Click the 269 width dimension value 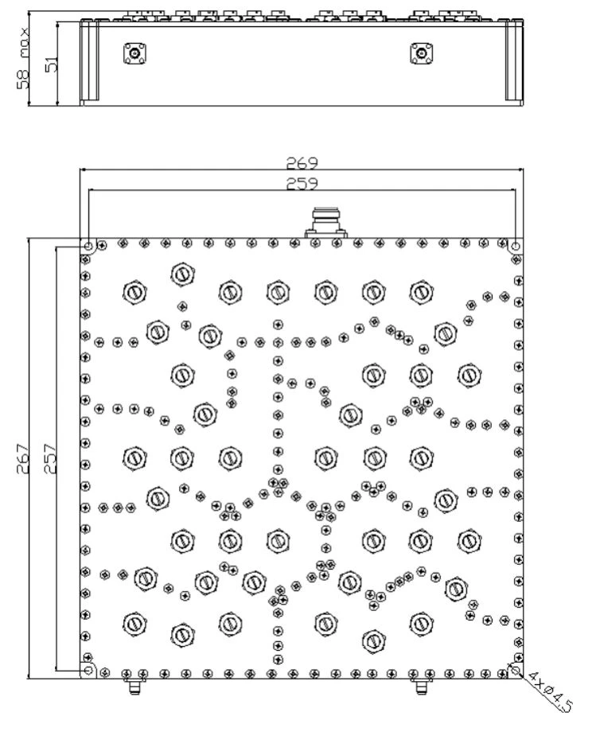click(x=302, y=163)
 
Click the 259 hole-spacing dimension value click(x=302, y=184)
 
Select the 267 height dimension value click(x=23, y=459)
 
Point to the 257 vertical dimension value click(x=50, y=459)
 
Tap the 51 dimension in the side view click(x=52, y=64)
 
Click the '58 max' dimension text click(x=22, y=58)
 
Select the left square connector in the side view click(x=135, y=53)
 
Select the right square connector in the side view click(x=422, y=53)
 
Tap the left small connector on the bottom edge click(x=133, y=686)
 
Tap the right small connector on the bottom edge click(x=421, y=686)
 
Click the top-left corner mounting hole click(x=88, y=246)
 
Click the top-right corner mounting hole click(x=516, y=246)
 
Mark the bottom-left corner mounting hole click(x=88, y=671)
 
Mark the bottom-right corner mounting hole click(x=516, y=671)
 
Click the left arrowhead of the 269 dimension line click(x=83, y=170)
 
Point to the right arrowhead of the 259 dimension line click(x=512, y=190)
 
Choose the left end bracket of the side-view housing click(x=89, y=62)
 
